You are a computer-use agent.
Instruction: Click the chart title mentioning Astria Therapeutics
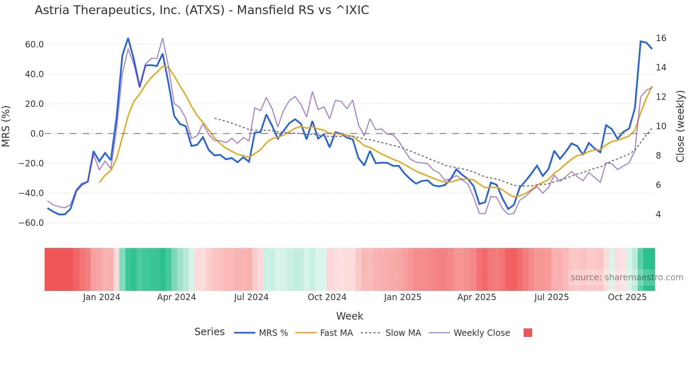(x=202, y=10)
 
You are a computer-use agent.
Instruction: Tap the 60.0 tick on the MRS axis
(x=34, y=45)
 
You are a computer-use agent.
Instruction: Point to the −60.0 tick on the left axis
(x=31, y=223)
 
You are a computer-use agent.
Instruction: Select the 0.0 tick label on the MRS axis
(x=37, y=134)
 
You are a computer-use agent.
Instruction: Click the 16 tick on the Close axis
(x=661, y=38)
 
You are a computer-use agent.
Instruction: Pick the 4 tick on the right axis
(x=658, y=214)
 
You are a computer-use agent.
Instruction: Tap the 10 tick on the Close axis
(x=661, y=126)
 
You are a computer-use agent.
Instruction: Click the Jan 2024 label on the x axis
(x=102, y=297)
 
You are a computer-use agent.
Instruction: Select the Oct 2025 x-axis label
(x=627, y=297)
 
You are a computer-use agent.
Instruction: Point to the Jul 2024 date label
(x=251, y=297)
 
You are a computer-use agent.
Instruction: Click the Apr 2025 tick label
(x=477, y=297)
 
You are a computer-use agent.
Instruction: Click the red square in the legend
(x=528, y=333)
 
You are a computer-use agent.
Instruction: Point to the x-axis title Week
(x=349, y=316)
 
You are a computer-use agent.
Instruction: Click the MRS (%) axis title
(x=6, y=126)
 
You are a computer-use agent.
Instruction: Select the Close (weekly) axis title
(x=680, y=126)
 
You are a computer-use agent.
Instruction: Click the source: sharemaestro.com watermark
(x=627, y=277)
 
